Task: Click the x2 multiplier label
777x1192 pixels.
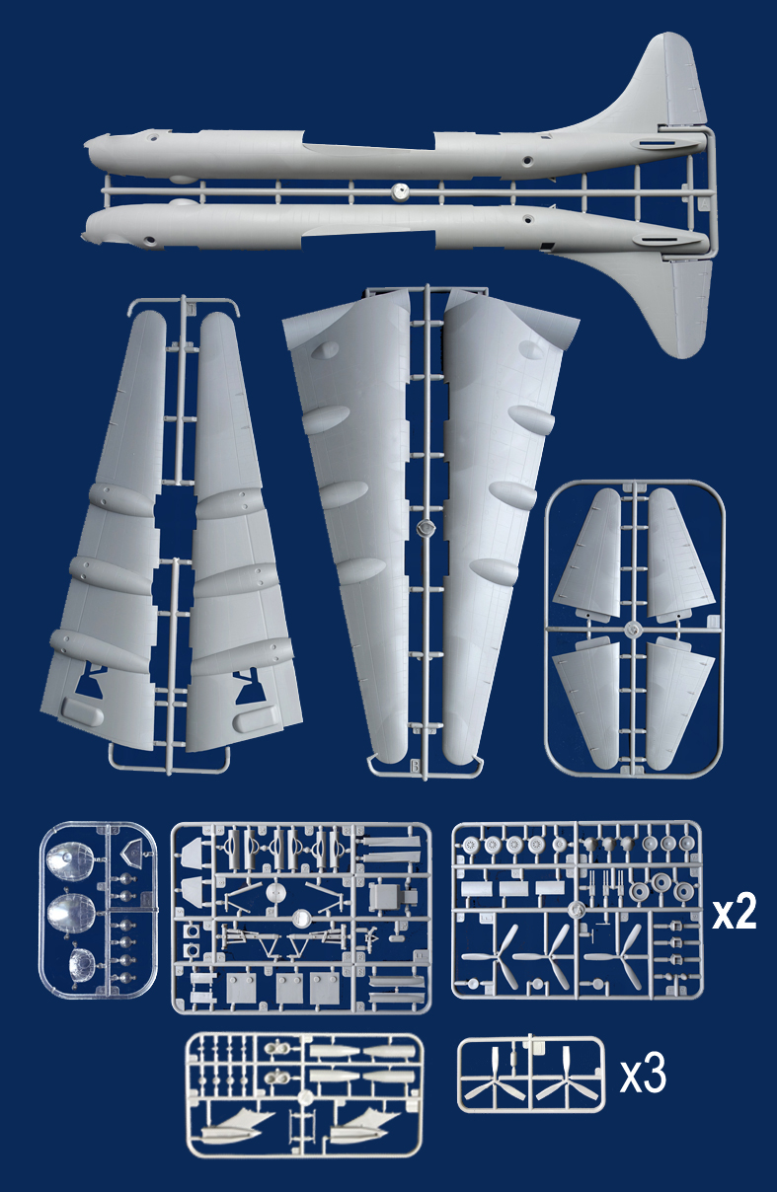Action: point(735,914)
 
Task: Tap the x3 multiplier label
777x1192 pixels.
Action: point(643,1076)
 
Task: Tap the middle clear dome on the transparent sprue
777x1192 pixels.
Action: point(70,913)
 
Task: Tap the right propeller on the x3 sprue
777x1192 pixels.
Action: point(566,1077)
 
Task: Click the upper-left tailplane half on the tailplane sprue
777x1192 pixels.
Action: point(589,553)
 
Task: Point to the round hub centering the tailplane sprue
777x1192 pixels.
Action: point(634,630)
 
